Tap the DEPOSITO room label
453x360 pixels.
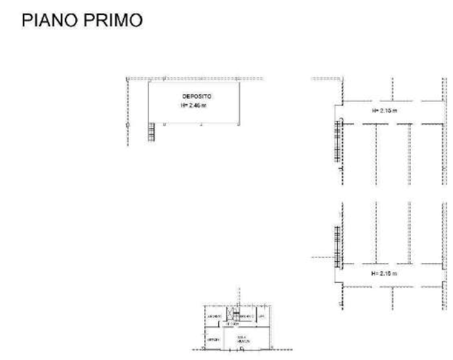[x=196, y=96]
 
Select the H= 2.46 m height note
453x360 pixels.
[x=196, y=105]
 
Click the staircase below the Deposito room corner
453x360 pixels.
[x=151, y=133]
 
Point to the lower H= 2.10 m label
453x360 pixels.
[x=384, y=273]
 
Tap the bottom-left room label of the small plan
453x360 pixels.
[x=214, y=339]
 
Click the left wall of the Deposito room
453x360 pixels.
[x=150, y=101]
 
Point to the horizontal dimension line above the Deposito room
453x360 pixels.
[x=189, y=76]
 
